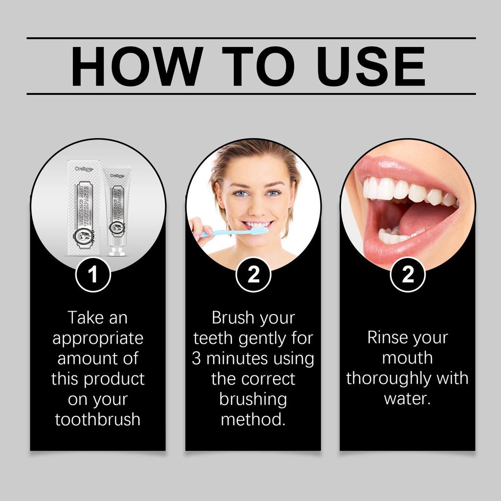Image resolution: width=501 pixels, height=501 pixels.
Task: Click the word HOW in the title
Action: [x=135, y=66]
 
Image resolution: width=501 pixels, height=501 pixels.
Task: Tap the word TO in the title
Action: [x=254, y=66]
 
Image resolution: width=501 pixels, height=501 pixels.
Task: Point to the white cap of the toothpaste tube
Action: [x=115, y=251]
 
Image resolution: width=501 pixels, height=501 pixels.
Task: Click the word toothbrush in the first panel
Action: [x=97, y=419]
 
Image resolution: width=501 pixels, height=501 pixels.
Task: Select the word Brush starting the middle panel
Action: [x=232, y=318]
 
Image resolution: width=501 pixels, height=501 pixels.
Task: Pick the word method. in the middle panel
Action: [x=253, y=419]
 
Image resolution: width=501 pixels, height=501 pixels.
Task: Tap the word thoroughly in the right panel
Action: [x=388, y=378]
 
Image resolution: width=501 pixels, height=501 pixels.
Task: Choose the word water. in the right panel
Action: [x=407, y=398]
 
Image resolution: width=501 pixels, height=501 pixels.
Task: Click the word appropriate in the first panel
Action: [x=98, y=338]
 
